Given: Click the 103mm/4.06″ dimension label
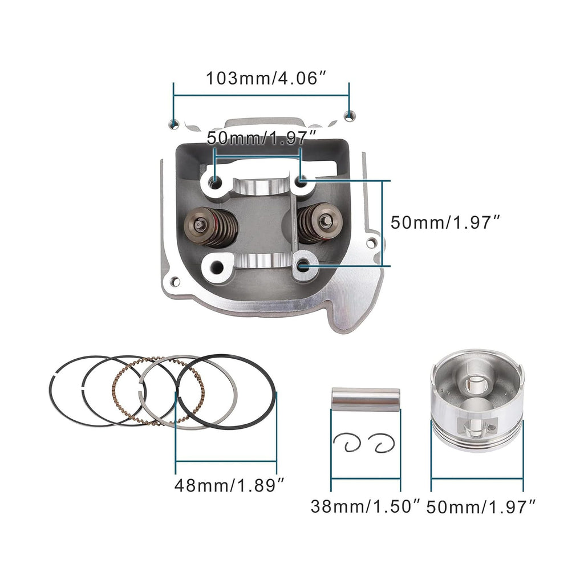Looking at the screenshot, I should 266,78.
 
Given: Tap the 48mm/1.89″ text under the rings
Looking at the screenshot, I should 229,485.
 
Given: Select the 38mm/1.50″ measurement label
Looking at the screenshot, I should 366,506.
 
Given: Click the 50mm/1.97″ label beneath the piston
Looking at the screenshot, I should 482,506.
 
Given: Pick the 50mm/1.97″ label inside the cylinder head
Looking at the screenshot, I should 261,138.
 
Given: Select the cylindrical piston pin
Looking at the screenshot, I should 366,399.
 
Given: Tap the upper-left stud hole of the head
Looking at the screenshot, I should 216,182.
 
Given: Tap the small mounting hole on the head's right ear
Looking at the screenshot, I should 372,244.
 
